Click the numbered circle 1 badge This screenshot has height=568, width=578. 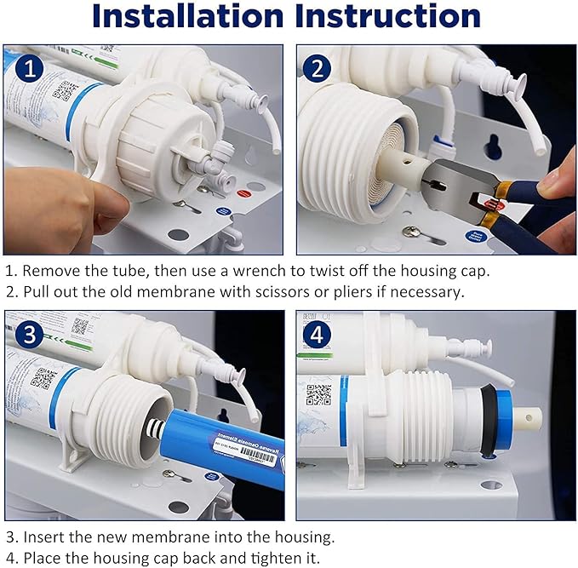(x=31, y=69)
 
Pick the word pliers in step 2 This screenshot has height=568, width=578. (x=366, y=293)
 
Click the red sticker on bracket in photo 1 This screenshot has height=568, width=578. (x=243, y=193)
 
